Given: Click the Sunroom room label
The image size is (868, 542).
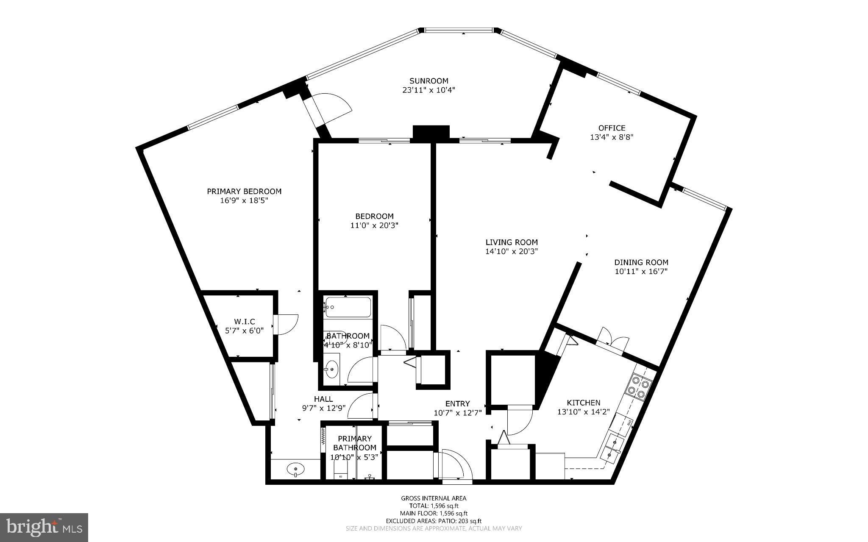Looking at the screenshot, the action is [x=428, y=81].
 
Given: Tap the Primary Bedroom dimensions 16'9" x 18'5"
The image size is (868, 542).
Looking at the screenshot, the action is [x=244, y=200].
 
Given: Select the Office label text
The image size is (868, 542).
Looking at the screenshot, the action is [x=612, y=128].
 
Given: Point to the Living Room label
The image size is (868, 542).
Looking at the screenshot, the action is [x=512, y=242].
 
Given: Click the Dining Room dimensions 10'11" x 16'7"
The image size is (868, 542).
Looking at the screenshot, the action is [x=641, y=272].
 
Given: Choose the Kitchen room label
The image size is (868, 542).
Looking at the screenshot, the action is [x=584, y=403].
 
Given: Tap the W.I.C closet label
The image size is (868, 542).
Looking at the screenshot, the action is [x=245, y=322].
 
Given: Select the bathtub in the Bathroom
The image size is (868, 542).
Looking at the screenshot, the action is [x=348, y=307].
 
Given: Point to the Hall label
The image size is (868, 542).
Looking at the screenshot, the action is [x=323, y=399].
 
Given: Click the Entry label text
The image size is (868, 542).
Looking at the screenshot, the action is [x=457, y=404].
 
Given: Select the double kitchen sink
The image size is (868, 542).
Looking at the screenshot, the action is [x=612, y=448].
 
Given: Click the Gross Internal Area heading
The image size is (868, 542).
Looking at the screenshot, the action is [x=434, y=498].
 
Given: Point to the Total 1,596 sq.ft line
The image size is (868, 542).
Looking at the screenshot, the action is [x=434, y=506].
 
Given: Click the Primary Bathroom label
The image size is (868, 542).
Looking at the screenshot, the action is [x=354, y=443].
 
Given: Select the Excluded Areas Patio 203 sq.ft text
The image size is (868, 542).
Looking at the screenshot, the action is [x=434, y=521].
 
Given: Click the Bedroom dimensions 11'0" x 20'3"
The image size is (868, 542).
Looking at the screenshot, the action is [x=374, y=225].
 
